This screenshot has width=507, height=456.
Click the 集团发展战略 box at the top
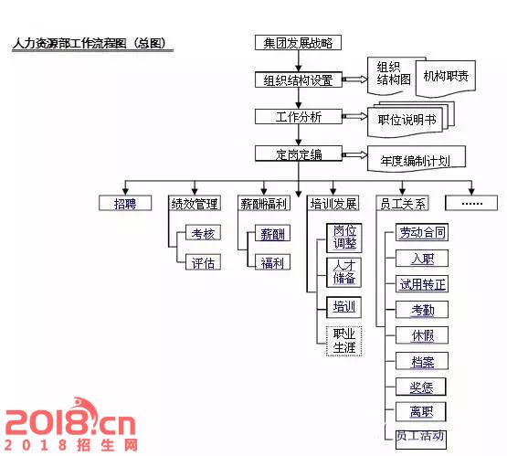click(x=298, y=43)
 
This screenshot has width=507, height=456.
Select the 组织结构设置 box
click(x=299, y=80)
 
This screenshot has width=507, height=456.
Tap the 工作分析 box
click(x=299, y=117)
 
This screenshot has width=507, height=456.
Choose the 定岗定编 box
click(x=299, y=154)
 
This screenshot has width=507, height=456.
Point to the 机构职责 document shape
click(x=446, y=78)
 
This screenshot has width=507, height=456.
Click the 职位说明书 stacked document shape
click(x=411, y=120)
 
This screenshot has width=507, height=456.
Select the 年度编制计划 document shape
click(x=417, y=159)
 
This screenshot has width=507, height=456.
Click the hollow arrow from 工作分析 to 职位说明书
click(x=354, y=116)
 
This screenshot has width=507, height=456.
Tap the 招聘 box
click(x=125, y=204)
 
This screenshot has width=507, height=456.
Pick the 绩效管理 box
click(x=195, y=204)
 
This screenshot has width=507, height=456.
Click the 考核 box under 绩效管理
click(x=203, y=233)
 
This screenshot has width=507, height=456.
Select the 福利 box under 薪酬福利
click(x=272, y=262)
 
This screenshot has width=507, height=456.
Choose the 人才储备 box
click(x=343, y=272)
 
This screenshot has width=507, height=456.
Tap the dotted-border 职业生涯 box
click(x=343, y=341)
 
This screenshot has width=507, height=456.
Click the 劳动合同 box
click(x=422, y=232)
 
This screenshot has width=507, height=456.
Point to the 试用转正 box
click(x=422, y=284)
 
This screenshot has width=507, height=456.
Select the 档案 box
click(x=422, y=361)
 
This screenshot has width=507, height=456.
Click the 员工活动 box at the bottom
click(x=420, y=440)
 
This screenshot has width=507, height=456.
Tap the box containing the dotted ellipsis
click(x=471, y=203)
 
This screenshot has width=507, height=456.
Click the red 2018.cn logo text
click(x=70, y=418)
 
